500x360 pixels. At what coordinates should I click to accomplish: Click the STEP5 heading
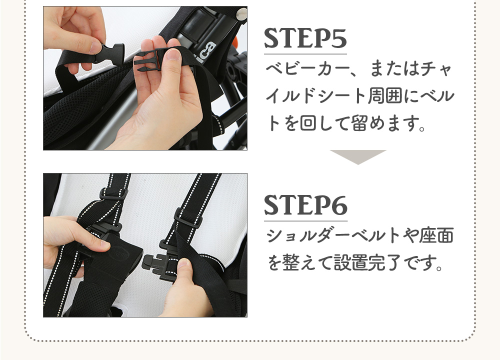[305, 39]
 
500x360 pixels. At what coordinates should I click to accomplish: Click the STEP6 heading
[305, 205]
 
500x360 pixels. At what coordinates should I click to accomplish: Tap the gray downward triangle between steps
[358, 156]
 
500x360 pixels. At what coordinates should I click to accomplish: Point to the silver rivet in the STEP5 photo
[241, 13]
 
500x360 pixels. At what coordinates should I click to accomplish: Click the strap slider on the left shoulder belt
[114, 194]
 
